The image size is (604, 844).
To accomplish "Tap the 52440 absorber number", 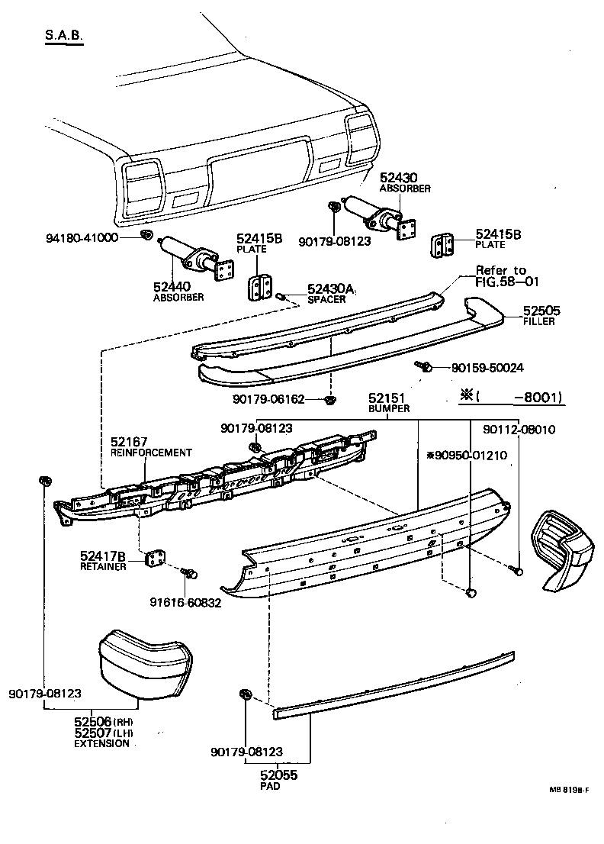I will point(172,287).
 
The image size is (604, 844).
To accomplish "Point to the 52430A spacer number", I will point(332,289).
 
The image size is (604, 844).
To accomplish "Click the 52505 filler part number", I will point(541,311).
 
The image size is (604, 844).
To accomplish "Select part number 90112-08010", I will point(519,430).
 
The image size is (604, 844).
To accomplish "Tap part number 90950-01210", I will point(467,455).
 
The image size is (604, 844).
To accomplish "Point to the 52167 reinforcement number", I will point(129,442).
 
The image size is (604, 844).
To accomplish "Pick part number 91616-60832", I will point(185,602).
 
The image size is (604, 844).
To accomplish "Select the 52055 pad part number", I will point(279,775).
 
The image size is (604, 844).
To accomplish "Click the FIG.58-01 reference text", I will point(507,281).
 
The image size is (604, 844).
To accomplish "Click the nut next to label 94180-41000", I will point(147,233).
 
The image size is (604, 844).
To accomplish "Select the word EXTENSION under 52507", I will point(101,743).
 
